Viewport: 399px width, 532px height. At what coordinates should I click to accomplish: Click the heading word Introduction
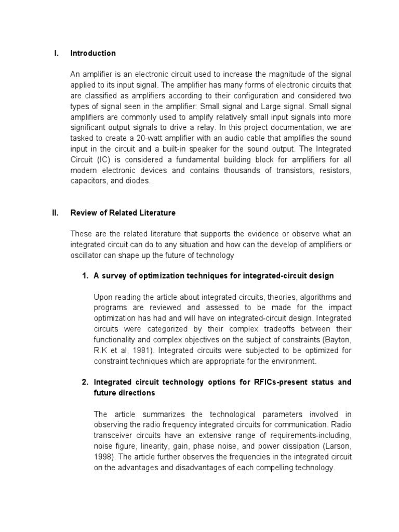click(x=93, y=54)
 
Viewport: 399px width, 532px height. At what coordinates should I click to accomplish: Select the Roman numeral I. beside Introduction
click(x=57, y=54)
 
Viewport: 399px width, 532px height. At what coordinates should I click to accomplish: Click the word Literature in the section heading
click(x=157, y=213)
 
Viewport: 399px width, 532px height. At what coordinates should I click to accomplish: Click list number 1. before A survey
click(x=86, y=276)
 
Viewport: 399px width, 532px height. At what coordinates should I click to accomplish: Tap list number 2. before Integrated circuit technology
click(x=86, y=382)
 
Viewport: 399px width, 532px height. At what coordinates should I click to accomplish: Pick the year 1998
click(x=104, y=457)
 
